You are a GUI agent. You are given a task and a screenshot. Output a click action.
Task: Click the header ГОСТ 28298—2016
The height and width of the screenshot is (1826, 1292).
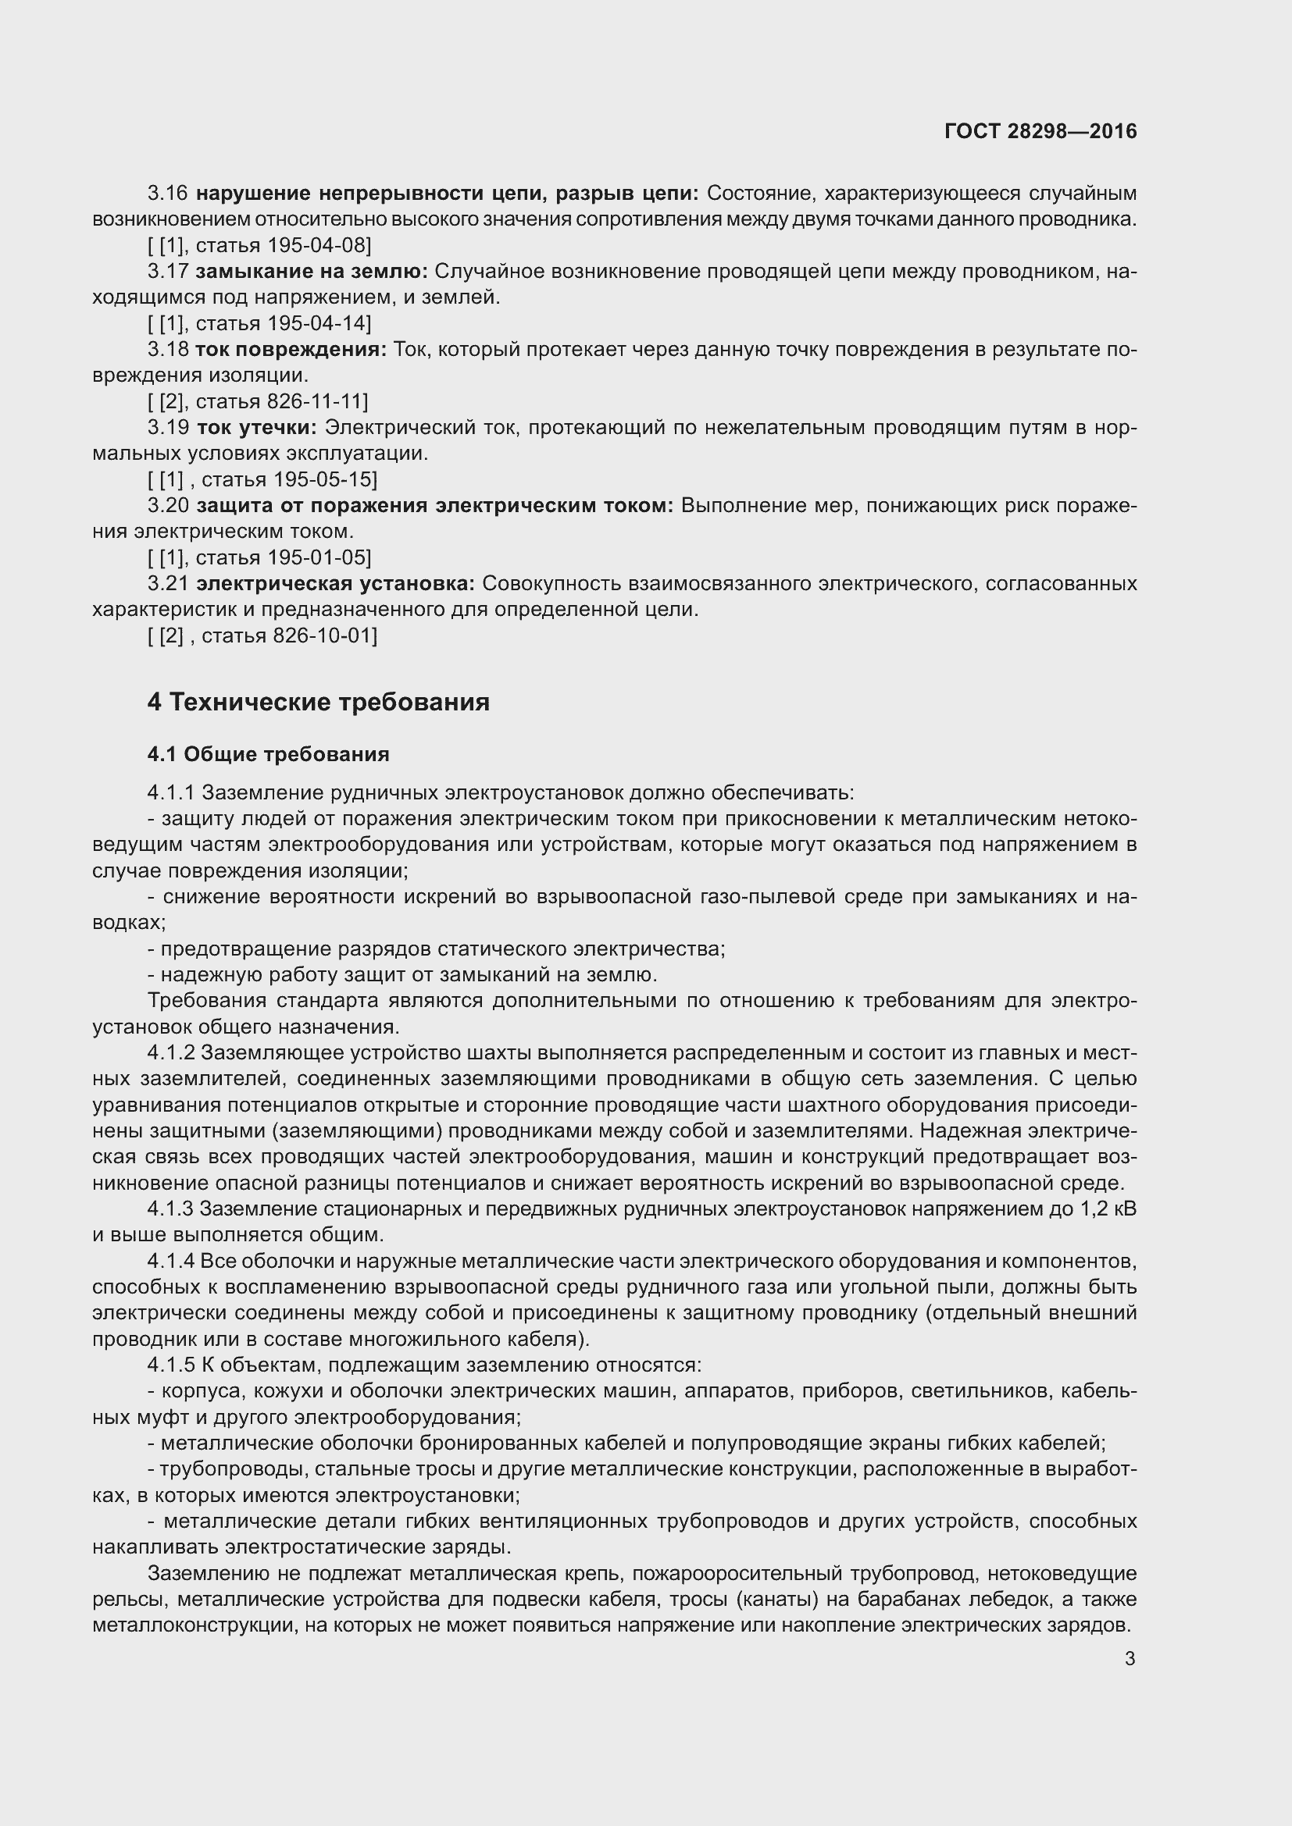(x=1040, y=131)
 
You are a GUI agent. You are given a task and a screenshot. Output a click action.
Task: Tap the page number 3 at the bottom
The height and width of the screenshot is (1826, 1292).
(x=1130, y=1658)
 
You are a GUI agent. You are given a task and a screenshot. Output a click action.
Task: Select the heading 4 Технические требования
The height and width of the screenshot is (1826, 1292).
(x=318, y=703)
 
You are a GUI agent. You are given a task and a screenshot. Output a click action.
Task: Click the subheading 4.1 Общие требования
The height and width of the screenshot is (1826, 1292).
(x=268, y=754)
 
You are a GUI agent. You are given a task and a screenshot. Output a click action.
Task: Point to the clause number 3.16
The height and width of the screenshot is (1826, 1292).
(x=168, y=194)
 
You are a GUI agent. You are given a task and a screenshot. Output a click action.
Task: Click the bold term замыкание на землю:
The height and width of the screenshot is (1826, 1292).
(x=311, y=271)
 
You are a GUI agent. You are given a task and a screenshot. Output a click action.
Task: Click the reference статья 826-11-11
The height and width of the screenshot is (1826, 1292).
(x=282, y=400)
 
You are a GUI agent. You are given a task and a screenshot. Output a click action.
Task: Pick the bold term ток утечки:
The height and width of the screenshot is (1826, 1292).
(x=256, y=427)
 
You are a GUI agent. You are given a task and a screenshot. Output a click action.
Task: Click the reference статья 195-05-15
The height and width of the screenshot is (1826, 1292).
(x=289, y=479)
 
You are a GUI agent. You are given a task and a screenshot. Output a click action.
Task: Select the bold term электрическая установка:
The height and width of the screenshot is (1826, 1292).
(x=335, y=583)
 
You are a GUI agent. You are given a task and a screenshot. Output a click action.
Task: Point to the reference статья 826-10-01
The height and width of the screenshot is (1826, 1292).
(x=289, y=635)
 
